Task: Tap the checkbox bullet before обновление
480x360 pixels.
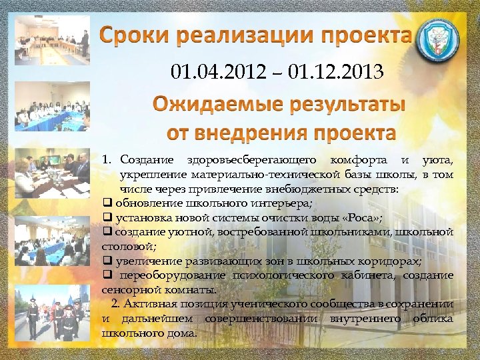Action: click(x=106, y=203)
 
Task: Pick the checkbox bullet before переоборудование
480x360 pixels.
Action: click(x=106, y=275)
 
